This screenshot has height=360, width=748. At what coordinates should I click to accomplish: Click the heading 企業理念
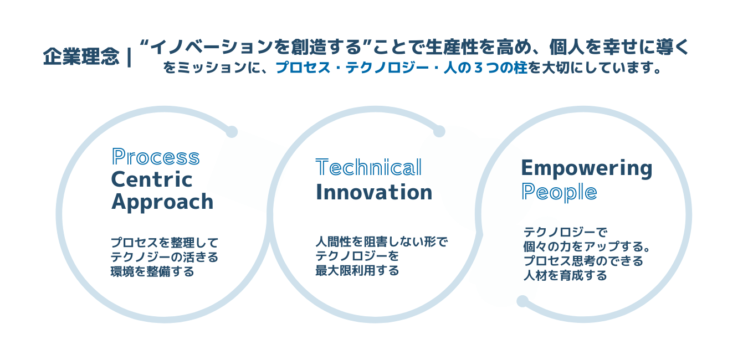click(x=81, y=56)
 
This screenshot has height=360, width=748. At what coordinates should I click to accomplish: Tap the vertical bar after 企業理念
click(x=129, y=58)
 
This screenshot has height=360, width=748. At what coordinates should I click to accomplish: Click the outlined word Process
click(x=156, y=157)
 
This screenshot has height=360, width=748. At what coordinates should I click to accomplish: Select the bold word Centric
click(x=152, y=179)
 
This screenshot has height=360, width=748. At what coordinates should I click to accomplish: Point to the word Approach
click(x=162, y=202)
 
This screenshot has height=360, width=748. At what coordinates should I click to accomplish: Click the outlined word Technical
click(x=368, y=167)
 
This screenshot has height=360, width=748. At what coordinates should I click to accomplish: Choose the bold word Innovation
click(x=374, y=193)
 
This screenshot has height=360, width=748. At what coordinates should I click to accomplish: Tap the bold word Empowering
click(x=587, y=169)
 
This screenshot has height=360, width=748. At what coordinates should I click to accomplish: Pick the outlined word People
click(x=559, y=193)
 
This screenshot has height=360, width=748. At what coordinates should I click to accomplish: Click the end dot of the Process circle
click(x=232, y=131)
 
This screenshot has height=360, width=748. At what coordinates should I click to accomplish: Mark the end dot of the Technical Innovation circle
click(x=439, y=131)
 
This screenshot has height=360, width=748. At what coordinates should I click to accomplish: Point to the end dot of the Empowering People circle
click(x=522, y=301)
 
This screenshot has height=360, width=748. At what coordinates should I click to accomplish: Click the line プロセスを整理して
click(x=165, y=243)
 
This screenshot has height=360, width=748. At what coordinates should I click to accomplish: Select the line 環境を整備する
click(x=152, y=271)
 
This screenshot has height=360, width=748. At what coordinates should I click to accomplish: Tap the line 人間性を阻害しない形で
click(x=382, y=241)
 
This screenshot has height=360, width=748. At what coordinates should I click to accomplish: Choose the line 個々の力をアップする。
click(x=587, y=246)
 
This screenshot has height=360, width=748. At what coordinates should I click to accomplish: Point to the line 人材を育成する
click(x=565, y=276)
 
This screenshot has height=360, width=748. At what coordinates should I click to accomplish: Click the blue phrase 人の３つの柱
click(x=485, y=68)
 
